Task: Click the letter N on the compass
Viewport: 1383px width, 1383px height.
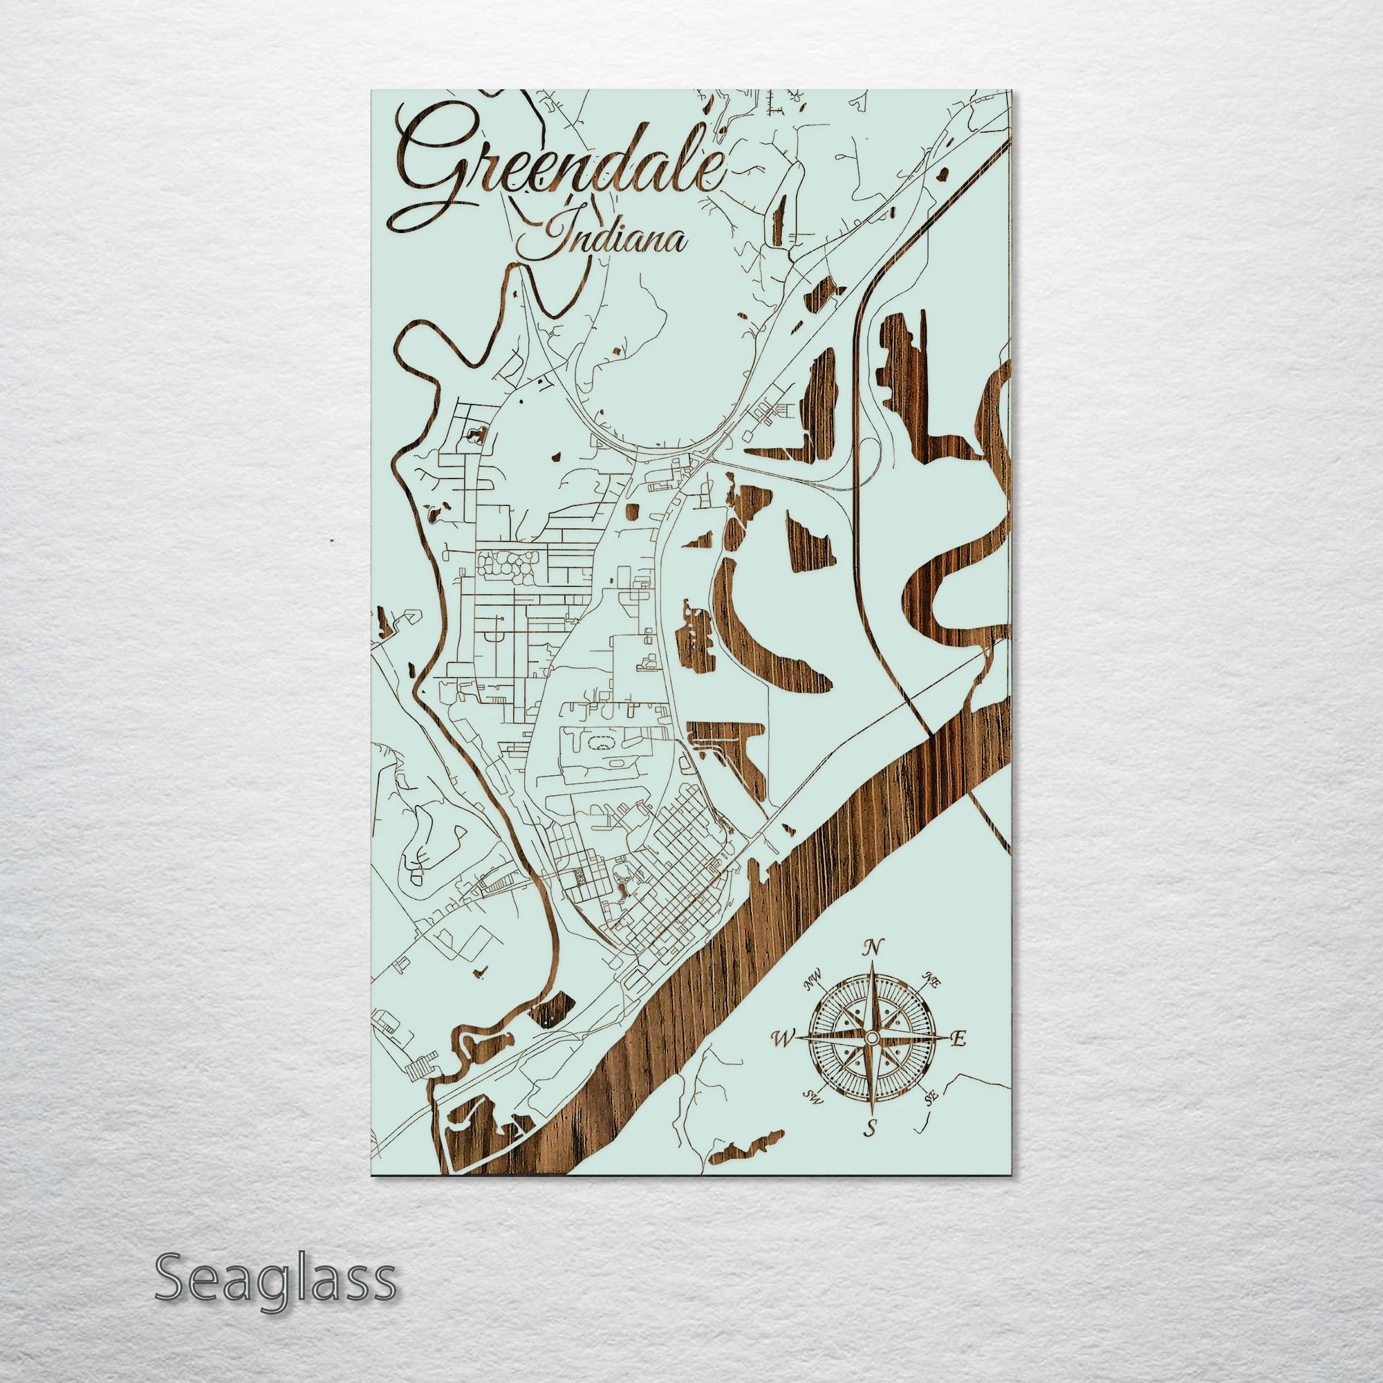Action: point(872,949)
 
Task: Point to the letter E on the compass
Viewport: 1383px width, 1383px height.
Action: point(960,1037)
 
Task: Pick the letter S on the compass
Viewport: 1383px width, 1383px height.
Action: point(871,1131)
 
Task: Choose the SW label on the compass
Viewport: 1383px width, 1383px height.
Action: point(812,1096)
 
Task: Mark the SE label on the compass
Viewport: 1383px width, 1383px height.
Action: point(931,1096)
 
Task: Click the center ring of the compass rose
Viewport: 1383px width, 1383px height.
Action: point(871,1037)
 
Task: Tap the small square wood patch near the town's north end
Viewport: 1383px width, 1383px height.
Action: point(631,511)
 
